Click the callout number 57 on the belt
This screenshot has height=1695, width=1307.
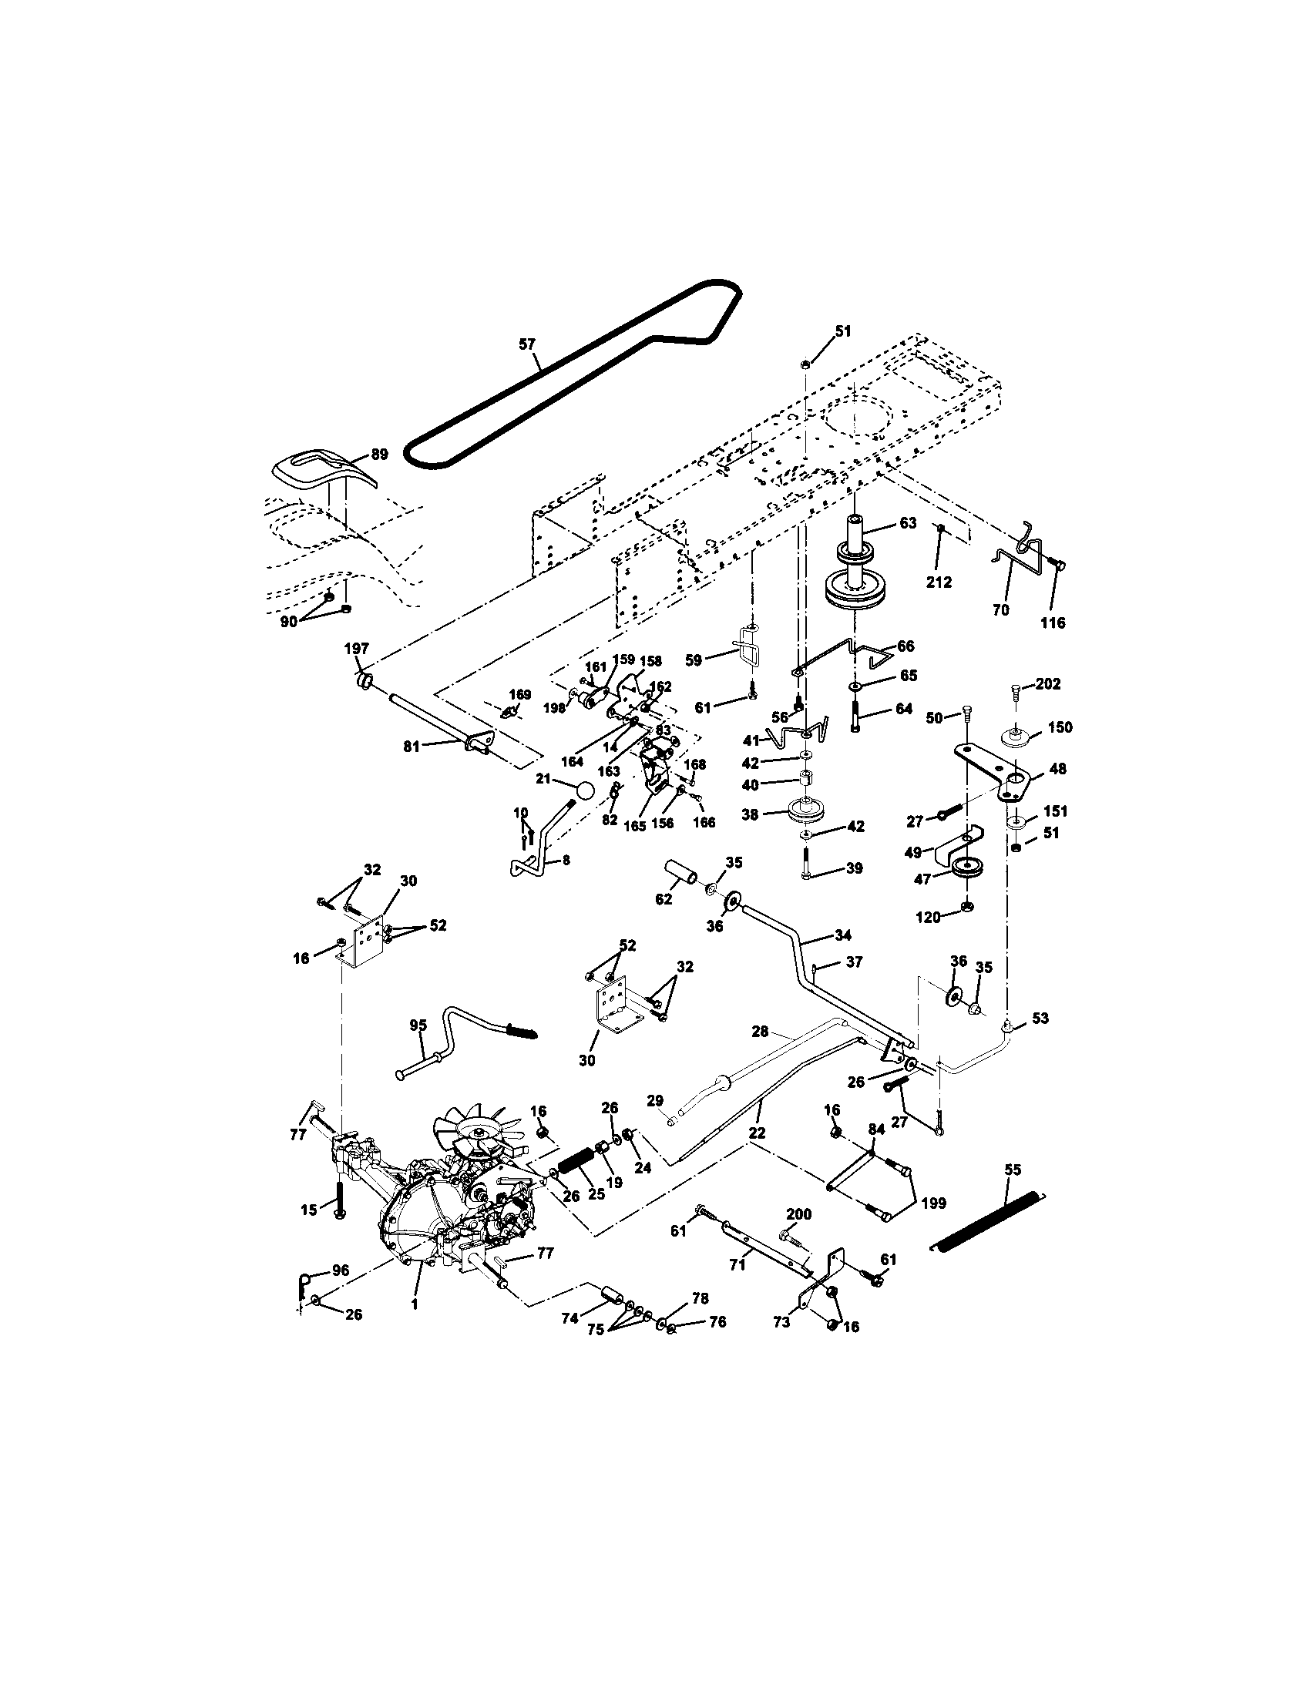click(x=527, y=343)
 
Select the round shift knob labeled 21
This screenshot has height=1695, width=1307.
click(x=584, y=790)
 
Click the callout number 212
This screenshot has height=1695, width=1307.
click(x=939, y=582)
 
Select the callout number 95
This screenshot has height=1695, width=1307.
click(x=418, y=1025)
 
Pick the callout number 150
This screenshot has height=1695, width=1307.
click(x=1060, y=727)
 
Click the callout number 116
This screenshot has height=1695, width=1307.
click(x=1053, y=623)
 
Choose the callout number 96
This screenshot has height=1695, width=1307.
click(x=341, y=1270)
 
